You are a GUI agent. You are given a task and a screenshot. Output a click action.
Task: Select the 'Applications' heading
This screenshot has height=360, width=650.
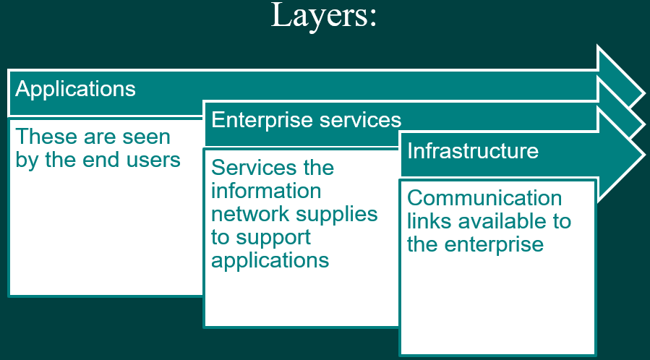coord(75,89)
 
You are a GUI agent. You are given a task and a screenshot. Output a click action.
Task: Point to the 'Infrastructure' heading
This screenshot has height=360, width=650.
coord(473,150)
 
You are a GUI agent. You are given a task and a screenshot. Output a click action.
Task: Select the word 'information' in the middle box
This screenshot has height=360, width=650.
coord(266,191)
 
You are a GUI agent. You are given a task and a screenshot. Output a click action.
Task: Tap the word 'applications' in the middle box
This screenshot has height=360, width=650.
coord(270,260)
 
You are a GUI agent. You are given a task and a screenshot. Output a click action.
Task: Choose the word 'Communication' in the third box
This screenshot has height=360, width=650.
coord(484,198)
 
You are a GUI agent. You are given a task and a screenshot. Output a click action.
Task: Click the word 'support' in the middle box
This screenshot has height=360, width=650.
coord(274,237)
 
